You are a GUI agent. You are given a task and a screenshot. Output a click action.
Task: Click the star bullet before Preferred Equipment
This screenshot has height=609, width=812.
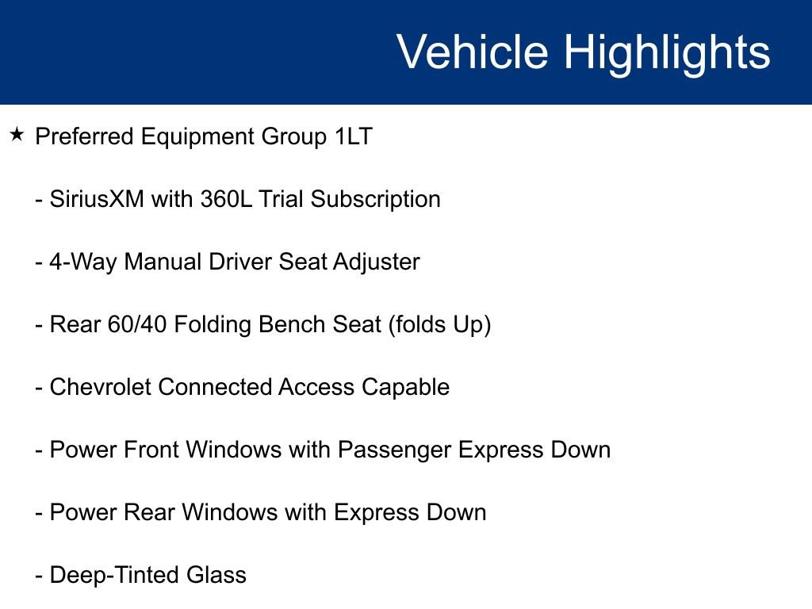(17, 136)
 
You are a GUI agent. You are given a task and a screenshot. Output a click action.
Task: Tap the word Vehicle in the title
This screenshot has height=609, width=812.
(472, 52)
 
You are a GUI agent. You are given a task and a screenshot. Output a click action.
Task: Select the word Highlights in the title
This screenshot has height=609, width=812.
(667, 52)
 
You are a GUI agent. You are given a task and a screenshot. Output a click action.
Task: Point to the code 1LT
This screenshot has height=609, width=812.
(352, 136)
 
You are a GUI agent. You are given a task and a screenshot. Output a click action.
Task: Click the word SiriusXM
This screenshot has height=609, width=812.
(97, 199)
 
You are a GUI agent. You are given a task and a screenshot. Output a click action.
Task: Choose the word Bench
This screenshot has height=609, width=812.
(304, 324)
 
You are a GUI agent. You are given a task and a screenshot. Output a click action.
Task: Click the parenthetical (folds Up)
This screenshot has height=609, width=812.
(440, 324)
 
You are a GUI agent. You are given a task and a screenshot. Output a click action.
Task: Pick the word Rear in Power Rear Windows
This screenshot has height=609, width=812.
(150, 512)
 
